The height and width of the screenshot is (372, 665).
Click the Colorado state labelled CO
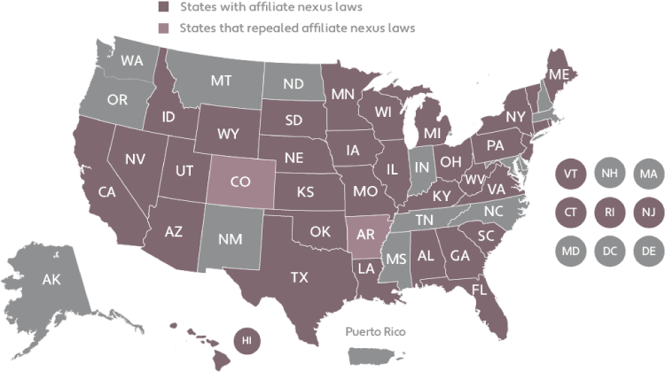pyautogui.click(x=240, y=183)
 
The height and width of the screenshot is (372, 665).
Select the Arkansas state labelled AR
pyautogui.click(x=363, y=235)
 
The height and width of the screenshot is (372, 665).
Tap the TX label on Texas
pyautogui.click(x=300, y=277)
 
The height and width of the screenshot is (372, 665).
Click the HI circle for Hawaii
pyautogui.click(x=248, y=339)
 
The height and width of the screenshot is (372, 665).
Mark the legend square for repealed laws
pyautogui.click(x=163, y=27)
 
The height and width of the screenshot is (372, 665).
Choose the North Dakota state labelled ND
pyautogui.click(x=294, y=85)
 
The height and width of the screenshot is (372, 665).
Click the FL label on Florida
pyautogui.click(x=480, y=289)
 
